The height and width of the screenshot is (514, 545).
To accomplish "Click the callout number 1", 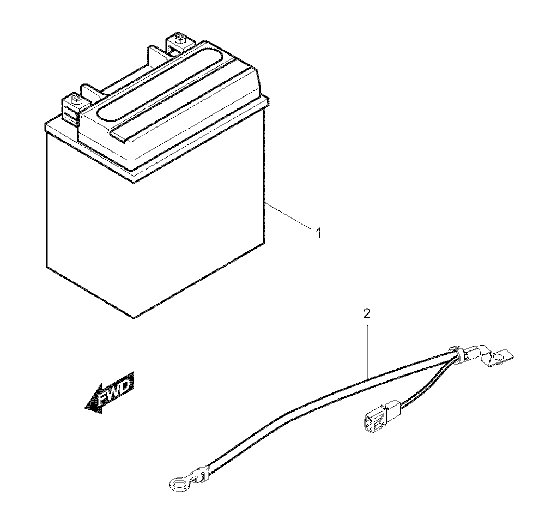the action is point(318,233).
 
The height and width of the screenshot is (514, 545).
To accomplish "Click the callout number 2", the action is point(367,314).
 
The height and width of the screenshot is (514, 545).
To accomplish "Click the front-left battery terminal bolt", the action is point(75,99).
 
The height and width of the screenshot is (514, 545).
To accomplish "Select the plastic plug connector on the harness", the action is point(381,415).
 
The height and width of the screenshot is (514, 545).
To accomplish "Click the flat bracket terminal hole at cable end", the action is point(498,357).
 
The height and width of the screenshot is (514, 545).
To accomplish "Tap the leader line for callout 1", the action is point(288,216).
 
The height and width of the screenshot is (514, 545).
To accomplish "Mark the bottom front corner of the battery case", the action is point(134,317).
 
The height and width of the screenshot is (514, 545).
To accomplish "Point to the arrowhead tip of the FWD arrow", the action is point(85,407).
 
